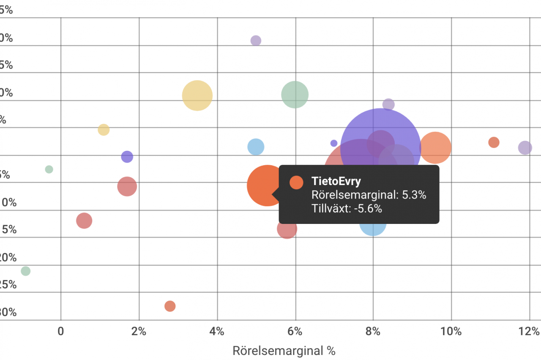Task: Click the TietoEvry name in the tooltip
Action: (x=336, y=181)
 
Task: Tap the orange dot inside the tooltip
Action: (x=296, y=182)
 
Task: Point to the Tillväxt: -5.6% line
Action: (x=347, y=208)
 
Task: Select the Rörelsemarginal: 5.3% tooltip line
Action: (x=369, y=195)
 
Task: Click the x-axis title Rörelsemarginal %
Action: (x=284, y=351)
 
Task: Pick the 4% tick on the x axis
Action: (x=217, y=332)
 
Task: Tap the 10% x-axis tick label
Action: (x=451, y=332)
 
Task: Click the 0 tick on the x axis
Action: (x=61, y=332)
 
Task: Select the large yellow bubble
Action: (x=197, y=95)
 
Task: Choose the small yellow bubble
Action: (x=104, y=130)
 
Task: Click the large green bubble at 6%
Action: (x=295, y=95)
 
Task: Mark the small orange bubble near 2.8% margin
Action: (x=170, y=306)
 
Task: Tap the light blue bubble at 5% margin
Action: (x=256, y=147)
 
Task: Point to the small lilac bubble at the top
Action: (x=256, y=41)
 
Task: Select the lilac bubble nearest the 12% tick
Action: (x=525, y=148)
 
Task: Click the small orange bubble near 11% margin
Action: (x=494, y=142)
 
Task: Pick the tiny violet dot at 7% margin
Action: (x=334, y=143)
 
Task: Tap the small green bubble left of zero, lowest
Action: (x=26, y=271)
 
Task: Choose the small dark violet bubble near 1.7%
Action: (x=127, y=157)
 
